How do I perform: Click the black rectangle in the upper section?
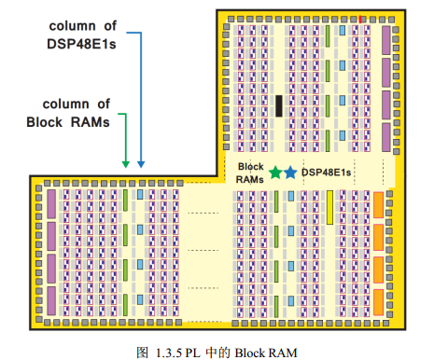pyautogui.click(x=279, y=105)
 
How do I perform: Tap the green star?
pyautogui.click(x=275, y=173)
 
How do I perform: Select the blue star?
pyautogui.click(x=289, y=173)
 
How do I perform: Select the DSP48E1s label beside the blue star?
pyautogui.click(x=326, y=173)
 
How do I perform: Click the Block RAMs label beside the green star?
pyautogui.click(x=249, y=172)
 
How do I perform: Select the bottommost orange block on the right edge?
pyautogui.click(x=378, y=300)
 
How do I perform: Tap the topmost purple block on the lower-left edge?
pyautogui.click(x=51, y=205)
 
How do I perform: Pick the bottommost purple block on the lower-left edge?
pyautogui.click(x=51, y=300)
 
